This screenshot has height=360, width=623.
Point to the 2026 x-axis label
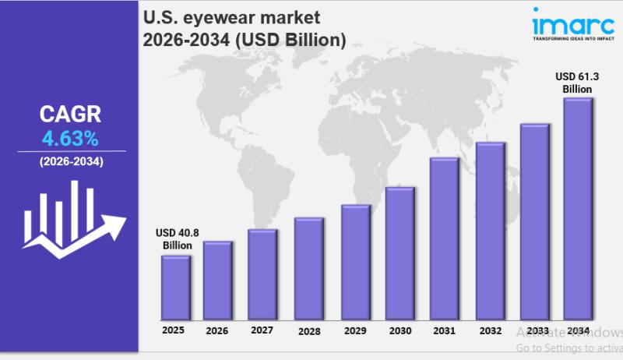(216, 331)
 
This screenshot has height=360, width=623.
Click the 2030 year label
(399, 330)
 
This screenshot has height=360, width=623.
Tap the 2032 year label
(490, 330)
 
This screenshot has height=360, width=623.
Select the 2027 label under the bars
(262, 330)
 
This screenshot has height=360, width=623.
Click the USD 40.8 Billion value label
(176, 239)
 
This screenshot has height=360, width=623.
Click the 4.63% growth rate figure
(69, 139)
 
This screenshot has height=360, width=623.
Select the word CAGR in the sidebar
(69, 115)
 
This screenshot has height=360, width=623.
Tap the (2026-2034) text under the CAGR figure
(70, 162)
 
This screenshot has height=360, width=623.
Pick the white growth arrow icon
(74, 218)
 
